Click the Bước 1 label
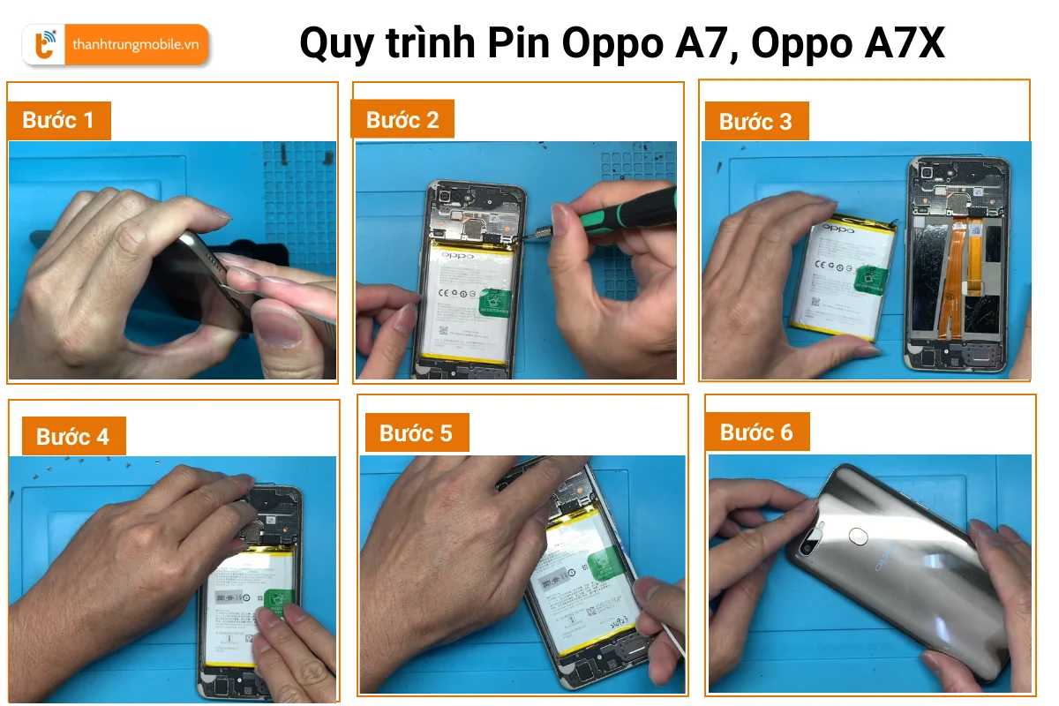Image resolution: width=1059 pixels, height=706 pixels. click(x=58, y=120)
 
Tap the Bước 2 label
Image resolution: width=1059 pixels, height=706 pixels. click(x=402, y=119)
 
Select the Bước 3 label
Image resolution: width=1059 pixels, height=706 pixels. click(x=755, y=122)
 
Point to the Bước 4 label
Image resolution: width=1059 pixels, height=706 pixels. click(x=72, y=436)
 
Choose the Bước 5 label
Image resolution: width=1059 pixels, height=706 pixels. click(x=416, y=433)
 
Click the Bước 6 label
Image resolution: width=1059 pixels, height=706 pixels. click(x=756, y=432)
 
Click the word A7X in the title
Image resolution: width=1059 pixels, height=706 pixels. click(x=904, y=42)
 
